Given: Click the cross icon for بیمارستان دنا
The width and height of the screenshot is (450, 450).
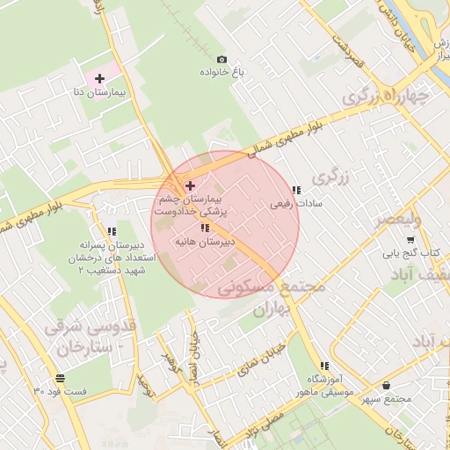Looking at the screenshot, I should click(99, 78).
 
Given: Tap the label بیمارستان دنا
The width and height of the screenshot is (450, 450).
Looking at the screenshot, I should click(99, 91).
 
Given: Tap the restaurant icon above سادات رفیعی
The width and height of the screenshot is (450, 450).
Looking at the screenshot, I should click(295, 190).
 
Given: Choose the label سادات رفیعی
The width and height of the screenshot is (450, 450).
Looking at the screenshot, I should click(295, 203).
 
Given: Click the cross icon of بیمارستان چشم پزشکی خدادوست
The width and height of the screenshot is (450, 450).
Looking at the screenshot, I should click(191, 185).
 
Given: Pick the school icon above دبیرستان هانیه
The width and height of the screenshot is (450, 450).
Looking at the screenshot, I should click(204, 228).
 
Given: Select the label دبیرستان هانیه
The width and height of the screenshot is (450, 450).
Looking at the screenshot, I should click(204, 240).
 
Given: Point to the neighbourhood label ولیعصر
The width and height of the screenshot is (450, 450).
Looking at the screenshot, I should click(398, 220).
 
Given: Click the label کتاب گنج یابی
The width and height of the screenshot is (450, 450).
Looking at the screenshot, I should click(410, 252).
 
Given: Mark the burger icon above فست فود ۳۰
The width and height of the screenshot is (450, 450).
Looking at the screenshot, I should click(60, 378).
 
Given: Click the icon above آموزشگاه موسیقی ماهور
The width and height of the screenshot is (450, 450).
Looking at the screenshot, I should click(325, 366).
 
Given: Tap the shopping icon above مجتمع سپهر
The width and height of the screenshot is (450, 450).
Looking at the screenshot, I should click(387, 386).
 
